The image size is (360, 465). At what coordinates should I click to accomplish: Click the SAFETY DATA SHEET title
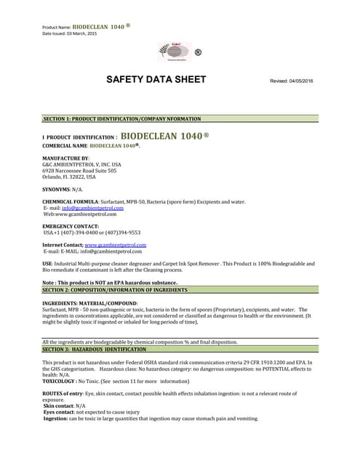click(x=156, y=79)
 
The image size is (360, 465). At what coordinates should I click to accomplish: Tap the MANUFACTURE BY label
click(x=65, y=158)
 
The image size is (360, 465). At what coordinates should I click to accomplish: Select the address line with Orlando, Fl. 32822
click(x=69, y=177)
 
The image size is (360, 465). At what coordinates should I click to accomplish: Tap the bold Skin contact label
click(x=58, y=405)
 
